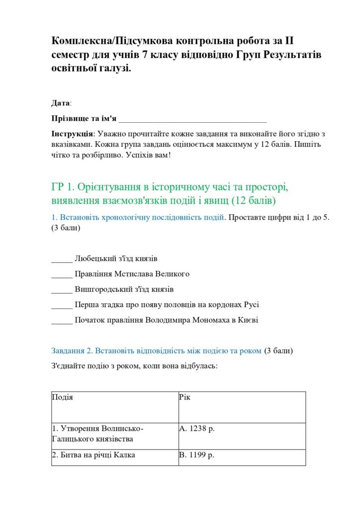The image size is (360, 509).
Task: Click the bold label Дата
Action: pos(60,103)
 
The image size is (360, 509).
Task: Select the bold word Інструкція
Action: pos(72,134)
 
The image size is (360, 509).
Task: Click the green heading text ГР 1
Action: pos(63,187)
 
